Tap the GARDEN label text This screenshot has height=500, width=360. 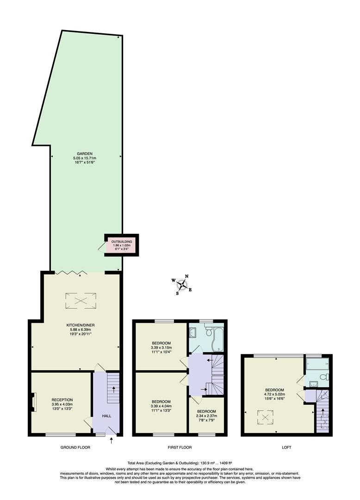[85, 153]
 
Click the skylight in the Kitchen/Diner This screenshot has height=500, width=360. [81, 300]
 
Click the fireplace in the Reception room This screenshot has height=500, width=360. [33, 401]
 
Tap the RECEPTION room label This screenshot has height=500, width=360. [62, 400]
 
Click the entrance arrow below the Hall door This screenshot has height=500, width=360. [111, 441]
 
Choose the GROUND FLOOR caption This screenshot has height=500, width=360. [75, 448]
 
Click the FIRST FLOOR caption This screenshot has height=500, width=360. [180, 448]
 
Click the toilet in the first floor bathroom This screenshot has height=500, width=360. [209, 332]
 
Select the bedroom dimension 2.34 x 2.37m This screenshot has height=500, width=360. [206, 416]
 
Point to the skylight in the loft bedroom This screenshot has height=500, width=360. [265, 418]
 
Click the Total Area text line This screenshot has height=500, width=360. [180, 462]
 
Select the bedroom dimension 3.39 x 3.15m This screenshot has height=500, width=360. [161, 348]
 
